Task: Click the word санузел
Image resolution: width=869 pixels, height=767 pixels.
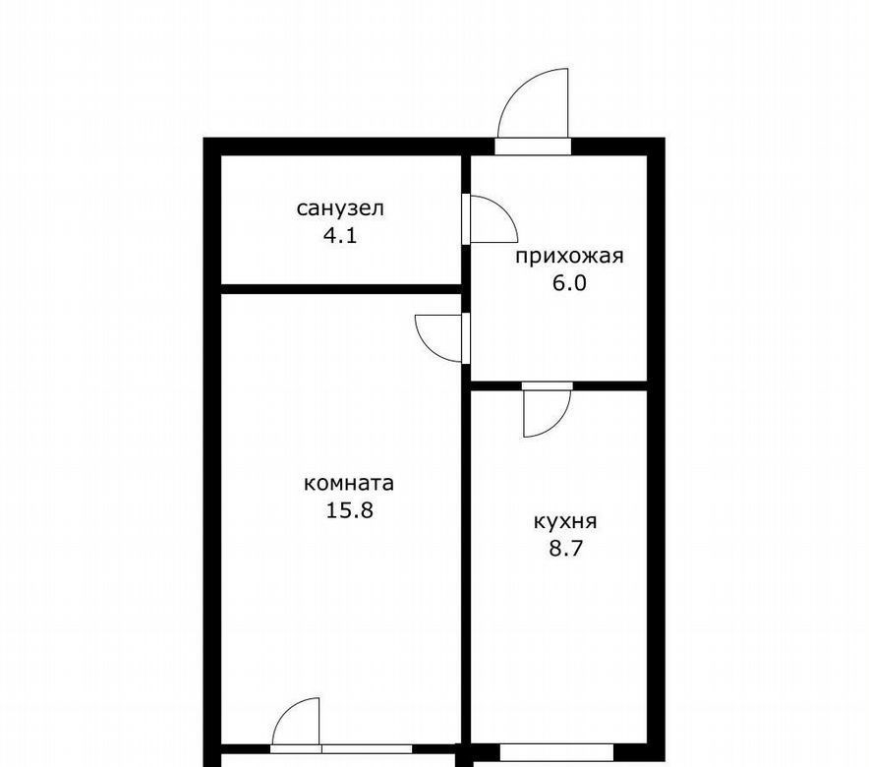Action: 340,208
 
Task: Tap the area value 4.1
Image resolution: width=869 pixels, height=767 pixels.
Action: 340,237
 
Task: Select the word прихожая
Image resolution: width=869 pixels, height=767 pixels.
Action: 569,257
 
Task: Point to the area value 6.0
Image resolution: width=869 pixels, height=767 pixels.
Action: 568,283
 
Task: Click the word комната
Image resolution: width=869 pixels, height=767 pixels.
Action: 349,483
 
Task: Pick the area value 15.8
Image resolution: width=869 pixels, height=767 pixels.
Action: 349,509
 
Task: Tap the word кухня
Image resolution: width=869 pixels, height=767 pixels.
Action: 564,521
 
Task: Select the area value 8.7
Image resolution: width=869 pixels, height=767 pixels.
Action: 565,549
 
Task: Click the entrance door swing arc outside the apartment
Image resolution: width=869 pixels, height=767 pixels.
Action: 515,89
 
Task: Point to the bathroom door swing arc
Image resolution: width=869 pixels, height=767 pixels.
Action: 504,208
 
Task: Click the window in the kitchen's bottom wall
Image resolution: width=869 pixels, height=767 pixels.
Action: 556,752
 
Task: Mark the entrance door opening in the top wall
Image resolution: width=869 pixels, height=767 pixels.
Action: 533,147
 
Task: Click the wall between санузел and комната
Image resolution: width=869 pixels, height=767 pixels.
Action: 341,289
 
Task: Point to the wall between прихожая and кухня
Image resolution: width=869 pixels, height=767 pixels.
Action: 558,385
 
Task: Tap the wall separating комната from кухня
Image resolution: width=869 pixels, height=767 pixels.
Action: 466,565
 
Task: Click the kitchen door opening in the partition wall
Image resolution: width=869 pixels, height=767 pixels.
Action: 547,385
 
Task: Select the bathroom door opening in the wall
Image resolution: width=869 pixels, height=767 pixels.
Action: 466,219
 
